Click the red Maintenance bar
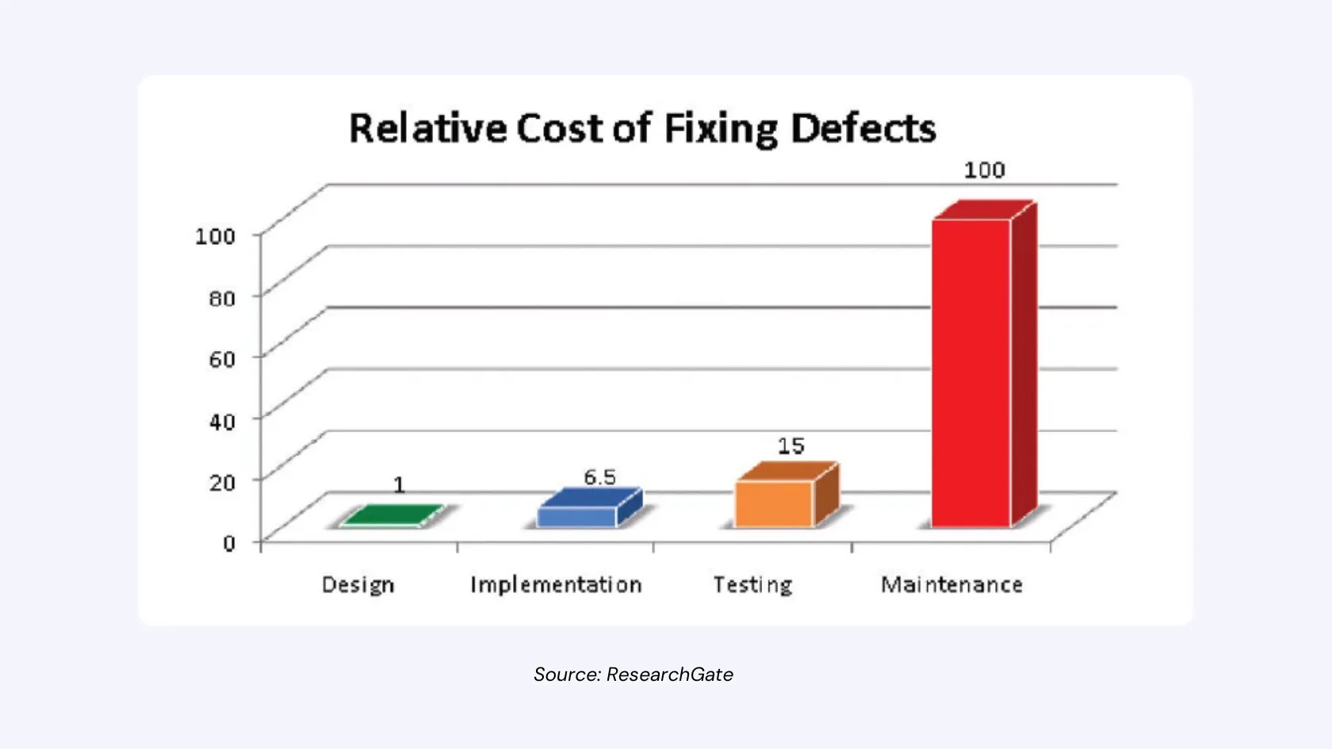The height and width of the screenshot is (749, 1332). [971, 373]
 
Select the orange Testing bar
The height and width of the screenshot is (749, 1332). [774, 504]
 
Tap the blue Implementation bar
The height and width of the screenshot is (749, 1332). [577, 516]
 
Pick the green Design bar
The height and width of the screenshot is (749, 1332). [390, 516]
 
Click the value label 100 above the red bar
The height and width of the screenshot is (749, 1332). [984, 170]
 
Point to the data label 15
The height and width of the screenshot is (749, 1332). [790, 446]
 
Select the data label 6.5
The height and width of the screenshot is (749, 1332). [599, 477]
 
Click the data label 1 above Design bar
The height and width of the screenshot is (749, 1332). [399, 485]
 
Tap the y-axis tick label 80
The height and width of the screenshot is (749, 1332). [222, 298]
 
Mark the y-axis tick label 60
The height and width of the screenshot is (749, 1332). [222, 359]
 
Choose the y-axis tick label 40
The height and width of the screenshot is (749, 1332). [222, 421]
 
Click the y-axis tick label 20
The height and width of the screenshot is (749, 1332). [222, 482]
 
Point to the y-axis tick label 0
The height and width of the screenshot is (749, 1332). [229, 543]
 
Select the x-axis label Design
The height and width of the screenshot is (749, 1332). [358, 585]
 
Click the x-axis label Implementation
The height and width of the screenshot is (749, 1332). [556, 585]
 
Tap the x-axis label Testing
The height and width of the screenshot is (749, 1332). [752, 585]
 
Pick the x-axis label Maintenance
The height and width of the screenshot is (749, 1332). [951, 585]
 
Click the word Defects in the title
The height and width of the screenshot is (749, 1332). [863, 128]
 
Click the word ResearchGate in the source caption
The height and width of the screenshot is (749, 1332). [669, 674]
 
